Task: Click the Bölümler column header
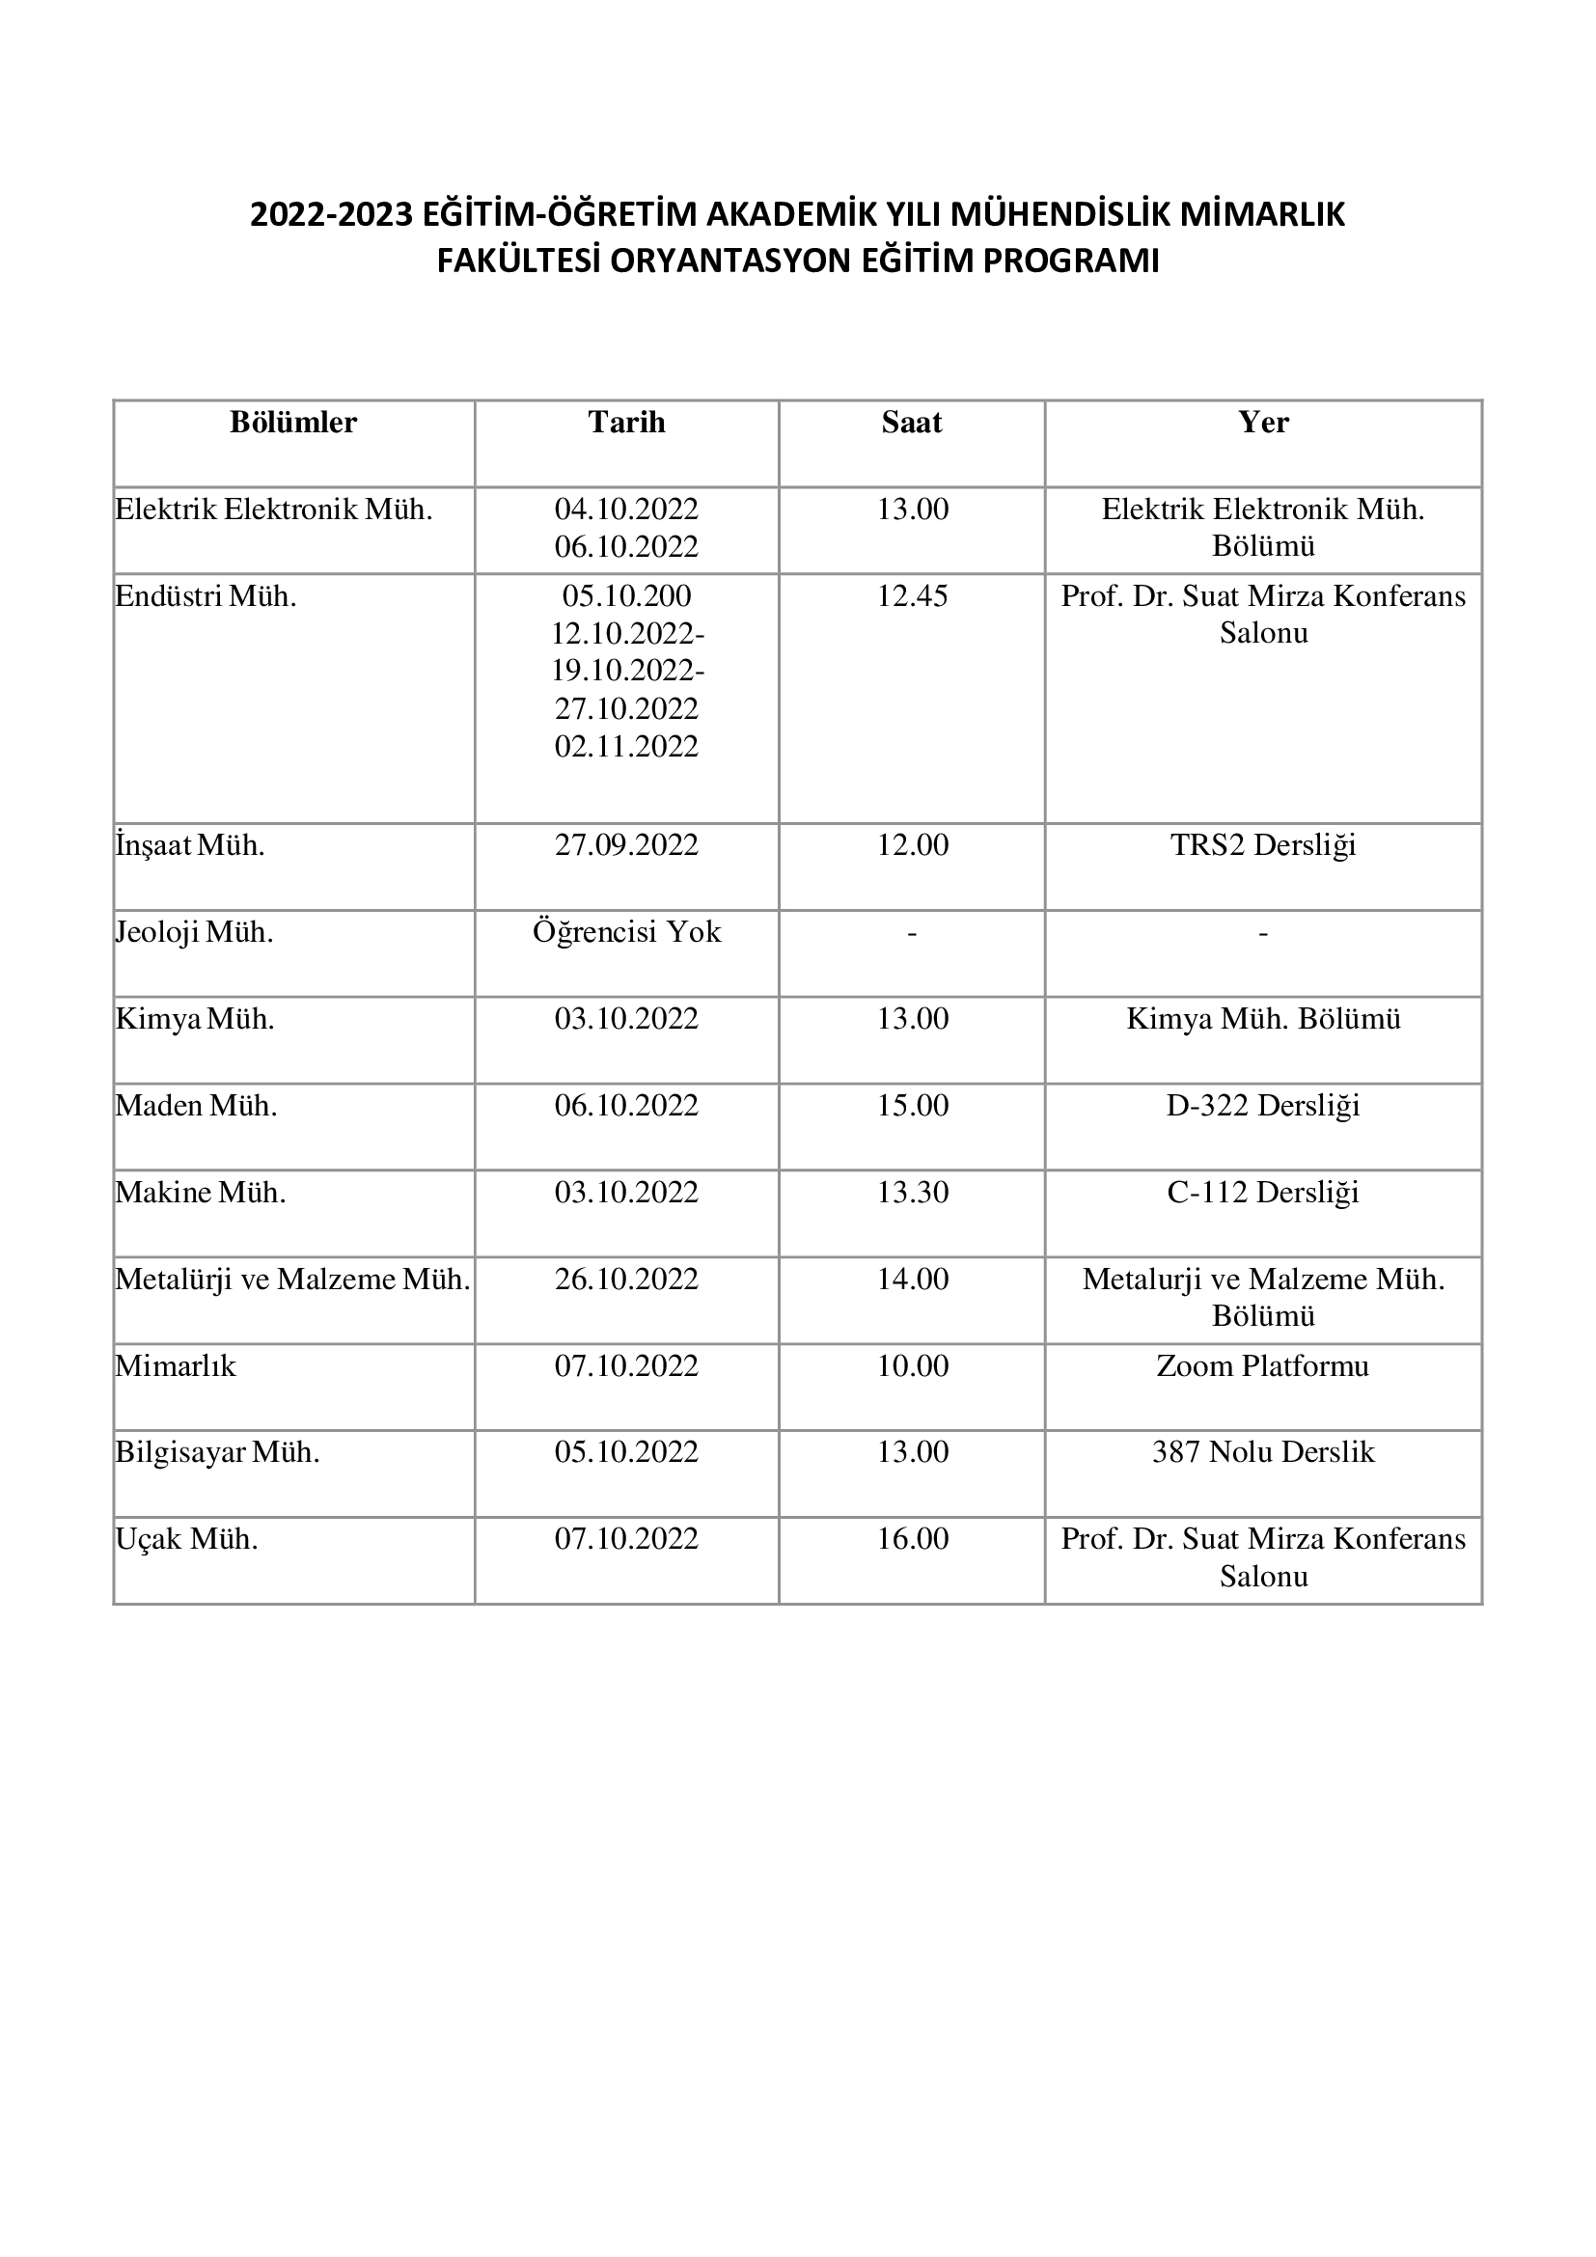tap(293, 423)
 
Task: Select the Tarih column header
tap(626, 423)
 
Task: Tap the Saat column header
tap(912, 423)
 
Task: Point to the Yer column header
tap(1263, 423)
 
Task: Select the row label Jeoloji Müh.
tap(195, 932)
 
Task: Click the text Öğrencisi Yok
tap(626, 932)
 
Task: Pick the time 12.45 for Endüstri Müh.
tap(912, 596)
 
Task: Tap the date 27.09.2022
tap(626, 845)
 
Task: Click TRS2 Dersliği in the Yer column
tap(1263, 845)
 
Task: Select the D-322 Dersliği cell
tap(1263, 1106)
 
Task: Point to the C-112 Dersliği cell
tap(1263, 1193)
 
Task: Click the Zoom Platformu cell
tap(1263, 1366)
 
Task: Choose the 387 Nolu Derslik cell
tap(1263, 1453)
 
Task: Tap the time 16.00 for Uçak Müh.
tap(912, 1539)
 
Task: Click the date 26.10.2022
tap(626, 1279)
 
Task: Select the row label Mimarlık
tap(176, 1366)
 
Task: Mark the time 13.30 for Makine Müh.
tap(912, 1193)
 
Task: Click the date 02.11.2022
tap(626, 747)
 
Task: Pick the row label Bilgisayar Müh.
tap(217, 1453)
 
